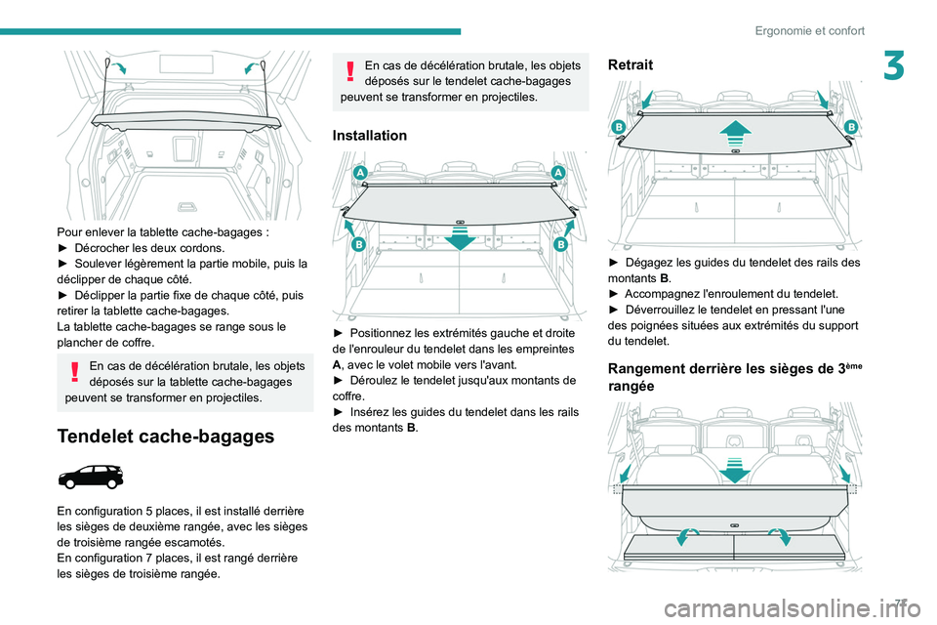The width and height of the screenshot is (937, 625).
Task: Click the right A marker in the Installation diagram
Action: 560,172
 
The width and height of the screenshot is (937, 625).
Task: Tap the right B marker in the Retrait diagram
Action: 850,128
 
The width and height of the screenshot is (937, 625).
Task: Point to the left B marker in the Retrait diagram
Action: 618,128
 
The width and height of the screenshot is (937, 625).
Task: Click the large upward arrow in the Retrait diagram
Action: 734,132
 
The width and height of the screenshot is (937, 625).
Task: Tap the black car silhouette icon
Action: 91,478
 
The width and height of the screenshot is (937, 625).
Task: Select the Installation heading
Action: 370,135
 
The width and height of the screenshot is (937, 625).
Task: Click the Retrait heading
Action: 630,64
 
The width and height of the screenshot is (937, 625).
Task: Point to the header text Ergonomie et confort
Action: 809,30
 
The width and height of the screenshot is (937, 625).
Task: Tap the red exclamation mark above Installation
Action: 349,75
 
